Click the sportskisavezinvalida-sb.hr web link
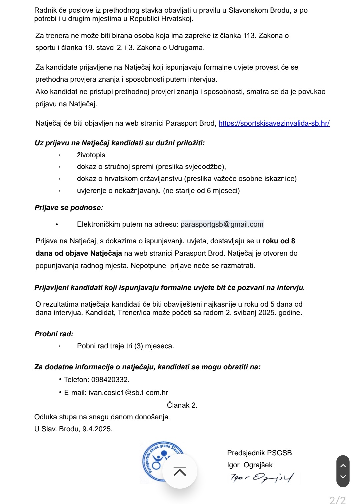coord(274,123)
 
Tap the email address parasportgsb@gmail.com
coord(222,224)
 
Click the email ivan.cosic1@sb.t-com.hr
coord(128,393)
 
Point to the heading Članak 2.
coord(182,405)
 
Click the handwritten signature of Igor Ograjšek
coord(262,478)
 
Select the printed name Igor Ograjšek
coord(250,465)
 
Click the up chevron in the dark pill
coord(343,466)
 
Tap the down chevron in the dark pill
coord(343,477)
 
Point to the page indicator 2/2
coord(337,500)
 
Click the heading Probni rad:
coord(54,334)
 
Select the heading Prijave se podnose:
coord(69,208)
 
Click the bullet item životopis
coord(91,155)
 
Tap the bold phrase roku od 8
coord(279,241)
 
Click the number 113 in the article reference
coord(249,36)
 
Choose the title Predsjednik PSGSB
coord(259,453)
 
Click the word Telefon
coord(76,380)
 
